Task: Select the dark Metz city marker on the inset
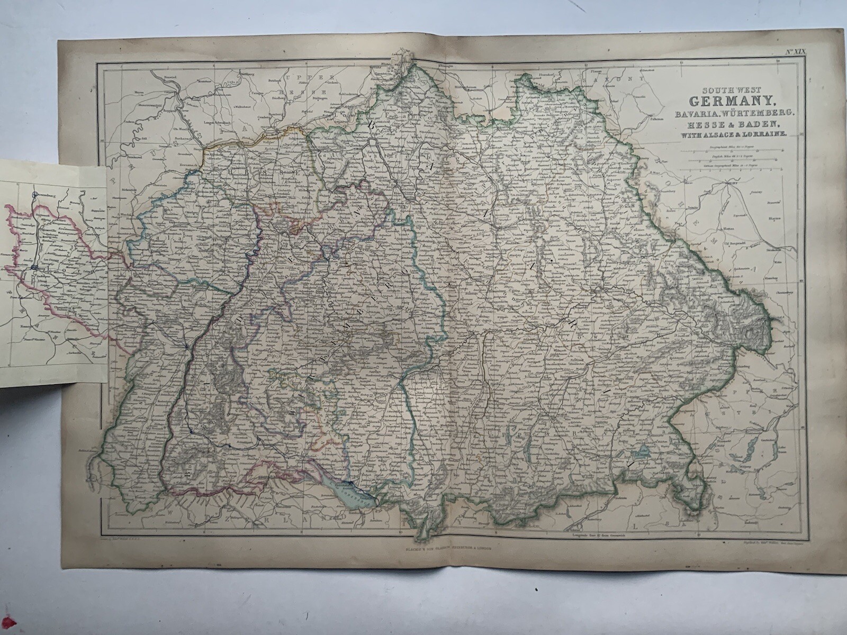click(34, 268)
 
